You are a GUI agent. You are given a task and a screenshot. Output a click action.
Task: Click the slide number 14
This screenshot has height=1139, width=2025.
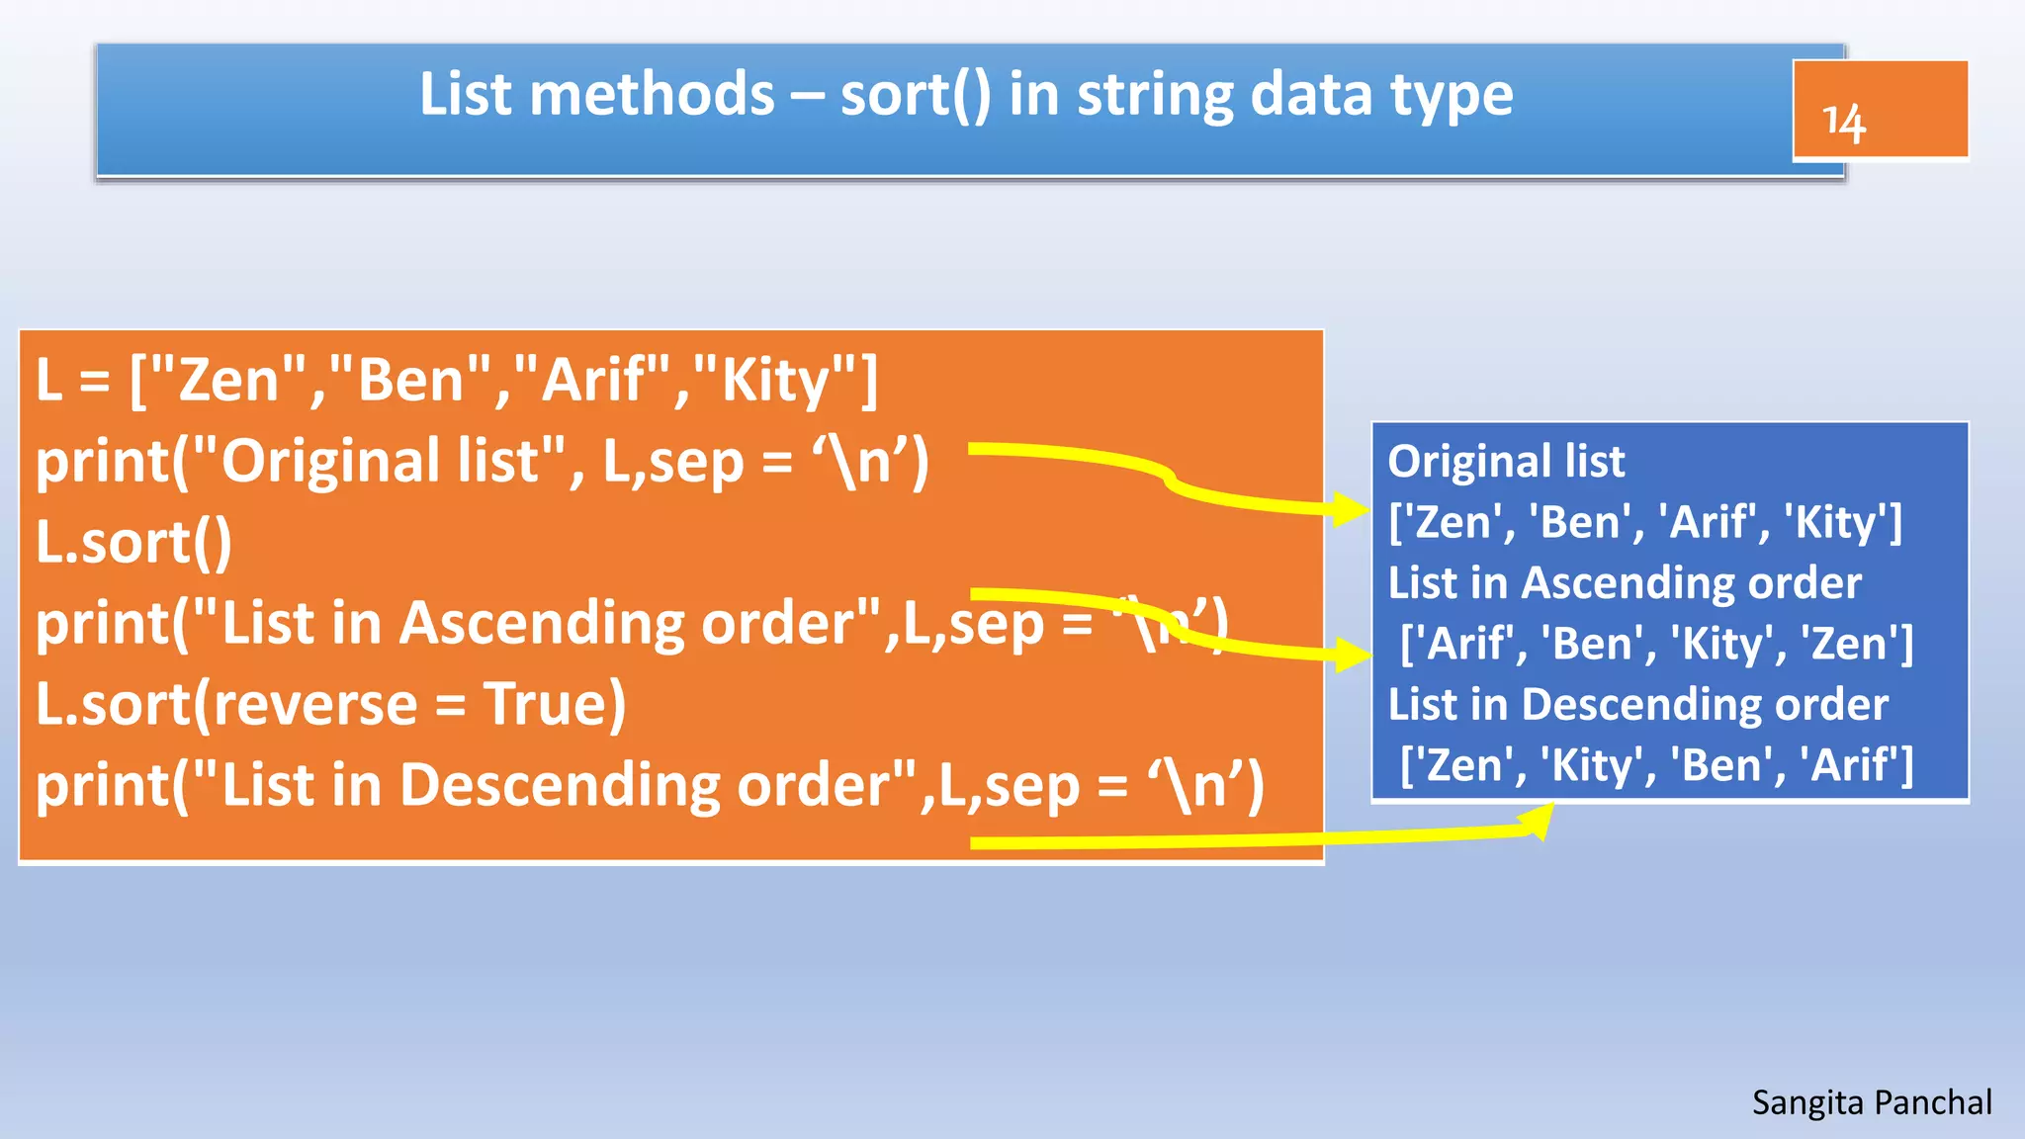point(1843,123)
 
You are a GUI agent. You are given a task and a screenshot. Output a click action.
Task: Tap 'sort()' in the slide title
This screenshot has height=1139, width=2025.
point(915,96)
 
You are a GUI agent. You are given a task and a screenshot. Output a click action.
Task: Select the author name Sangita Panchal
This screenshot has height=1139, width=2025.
point(1871,1102)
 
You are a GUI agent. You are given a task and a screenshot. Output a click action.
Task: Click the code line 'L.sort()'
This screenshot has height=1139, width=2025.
point(133,542)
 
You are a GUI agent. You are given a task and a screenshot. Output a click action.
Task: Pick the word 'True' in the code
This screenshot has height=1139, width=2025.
point(554,704)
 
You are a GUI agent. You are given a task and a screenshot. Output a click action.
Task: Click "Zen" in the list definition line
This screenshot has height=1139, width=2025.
point(228,381)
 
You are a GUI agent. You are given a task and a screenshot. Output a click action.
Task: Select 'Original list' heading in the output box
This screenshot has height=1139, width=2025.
point(1506,462)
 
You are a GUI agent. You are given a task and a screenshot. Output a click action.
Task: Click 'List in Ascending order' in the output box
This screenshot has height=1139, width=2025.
point(1624,583)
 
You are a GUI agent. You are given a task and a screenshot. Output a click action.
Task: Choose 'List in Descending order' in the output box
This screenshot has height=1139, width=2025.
point(1637,705)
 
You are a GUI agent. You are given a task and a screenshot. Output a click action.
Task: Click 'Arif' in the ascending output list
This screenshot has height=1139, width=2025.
point(1470,645)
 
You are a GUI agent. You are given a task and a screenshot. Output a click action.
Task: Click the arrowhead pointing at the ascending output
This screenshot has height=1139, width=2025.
point(1353,653)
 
